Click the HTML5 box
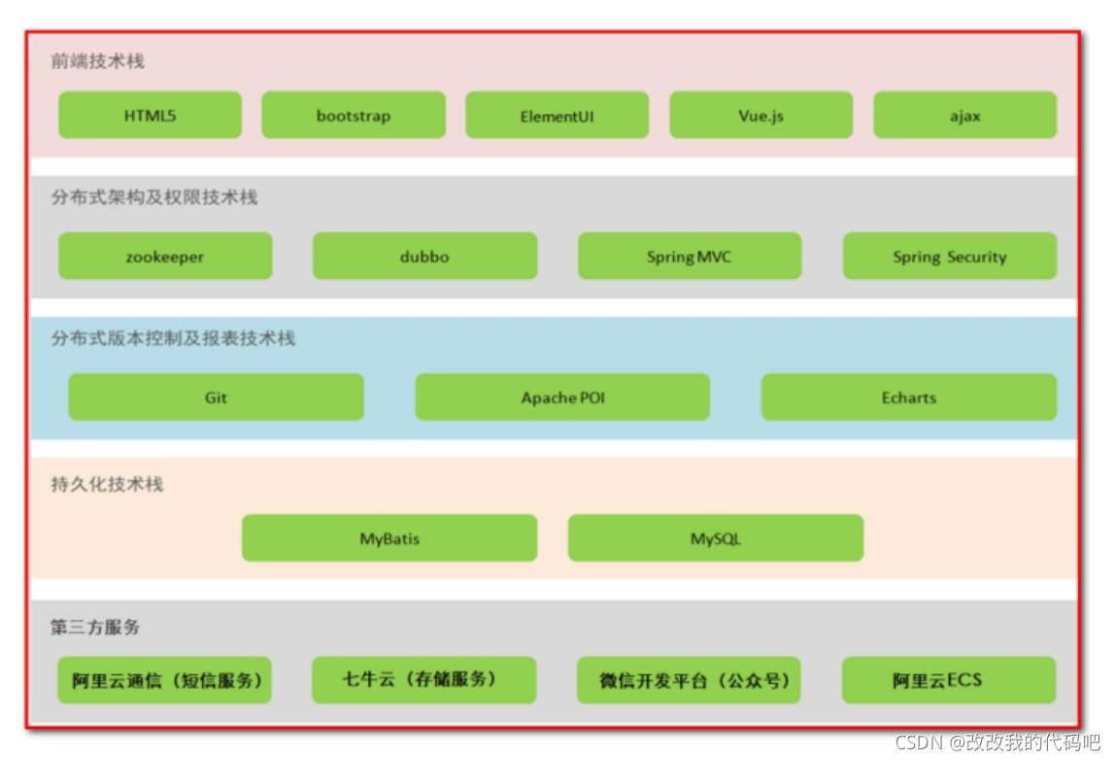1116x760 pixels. (150, 116)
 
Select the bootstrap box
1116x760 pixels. (354, 116)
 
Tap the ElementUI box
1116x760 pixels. (557, 116)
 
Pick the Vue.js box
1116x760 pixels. (761, 116)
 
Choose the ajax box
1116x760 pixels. (964, 116)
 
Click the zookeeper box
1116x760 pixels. (165, 257)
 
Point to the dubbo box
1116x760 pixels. (424, 257)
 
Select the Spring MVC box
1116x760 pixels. (690, 257)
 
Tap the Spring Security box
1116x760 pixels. (949, 257)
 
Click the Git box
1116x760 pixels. (216, 397)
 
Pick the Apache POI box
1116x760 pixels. (562, 397)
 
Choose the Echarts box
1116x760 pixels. (908, 397)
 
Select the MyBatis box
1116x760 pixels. (389, 538)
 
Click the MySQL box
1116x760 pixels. (715, 538)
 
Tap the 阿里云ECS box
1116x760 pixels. (948, 680)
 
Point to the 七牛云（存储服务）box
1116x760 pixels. (423, 679)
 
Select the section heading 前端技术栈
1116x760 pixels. (98, 61)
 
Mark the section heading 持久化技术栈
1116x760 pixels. (107, 484)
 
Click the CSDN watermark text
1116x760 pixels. (998, 743)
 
